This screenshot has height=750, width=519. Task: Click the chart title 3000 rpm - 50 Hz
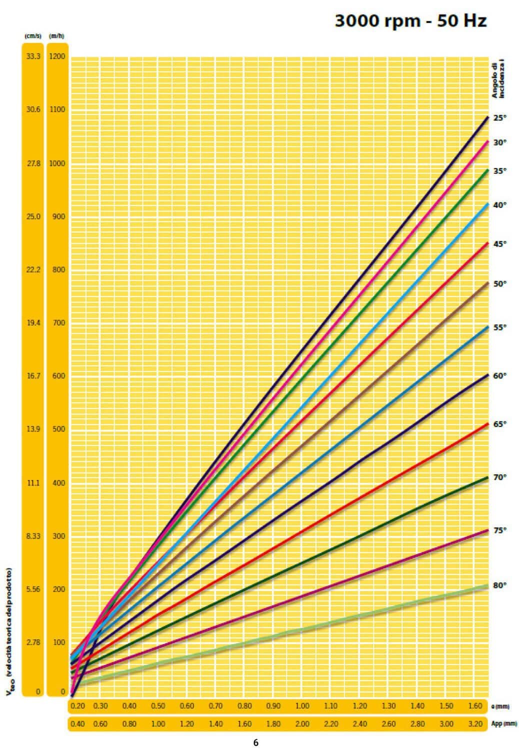pyautogui.click(x=410, y=21)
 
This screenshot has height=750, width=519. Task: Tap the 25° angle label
pyautogui.click(x=500, y=118)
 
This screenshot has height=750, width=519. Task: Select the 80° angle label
pyautogui.click(x=500, y=585)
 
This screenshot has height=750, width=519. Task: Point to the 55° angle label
pyautogui.click(x=500, y=327)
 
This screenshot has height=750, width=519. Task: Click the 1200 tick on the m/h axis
pyautogui.click(x=57, y=56)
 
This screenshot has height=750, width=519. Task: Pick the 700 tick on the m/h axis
pyautogui.click(x=58, y=323)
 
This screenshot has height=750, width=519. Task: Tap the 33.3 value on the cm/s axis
pyautogui.click(x=33, y=56)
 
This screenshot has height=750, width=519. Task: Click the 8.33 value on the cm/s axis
pyautogui.click(x=33, y=536)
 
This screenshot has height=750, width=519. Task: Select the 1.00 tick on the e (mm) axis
pyautogui.click(x=302, y=706)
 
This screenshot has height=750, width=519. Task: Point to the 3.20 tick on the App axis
pyautogui.click(x=475, y=723)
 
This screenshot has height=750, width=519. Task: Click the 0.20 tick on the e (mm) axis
pyautogui.click(x=77, y=706)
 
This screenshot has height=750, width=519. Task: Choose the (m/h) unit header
pyautogui.click(x=56, y=36)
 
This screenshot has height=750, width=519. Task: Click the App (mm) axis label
pyautogui.click(x=503, y=723)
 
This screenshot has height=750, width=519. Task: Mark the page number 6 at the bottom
pyautogui.click(x=256, y=742)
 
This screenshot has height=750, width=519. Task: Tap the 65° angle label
pyautogui.click(x=500, y=424)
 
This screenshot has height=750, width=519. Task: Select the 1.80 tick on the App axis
pyautogui.click(x=273, y=723)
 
